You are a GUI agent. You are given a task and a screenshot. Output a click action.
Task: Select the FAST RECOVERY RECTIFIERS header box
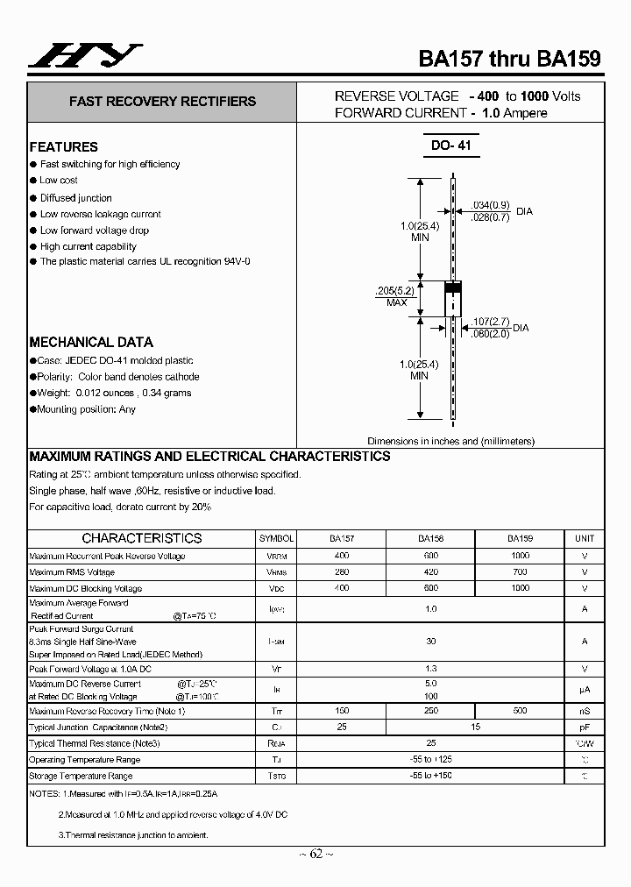[x=162, y=102]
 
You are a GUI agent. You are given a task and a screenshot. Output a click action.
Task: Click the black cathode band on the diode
[x=452, y=287]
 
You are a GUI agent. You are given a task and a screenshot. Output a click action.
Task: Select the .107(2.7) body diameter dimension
[x=490, y=322]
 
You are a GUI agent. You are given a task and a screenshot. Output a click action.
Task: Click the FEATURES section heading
[x=64, y=147]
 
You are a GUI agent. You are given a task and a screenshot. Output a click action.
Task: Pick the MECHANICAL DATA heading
[x=91, y=343]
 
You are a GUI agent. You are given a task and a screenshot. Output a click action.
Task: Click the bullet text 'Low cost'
[x=59, y=181]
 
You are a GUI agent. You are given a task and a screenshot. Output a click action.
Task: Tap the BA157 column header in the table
[x=342, y=539]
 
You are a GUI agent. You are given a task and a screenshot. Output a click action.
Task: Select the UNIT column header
[x=584, y=539]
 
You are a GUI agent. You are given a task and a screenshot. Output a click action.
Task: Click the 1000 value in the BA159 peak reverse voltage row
[x=520, y=557]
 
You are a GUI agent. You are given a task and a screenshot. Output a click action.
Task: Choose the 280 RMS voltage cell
[x=342, y=572]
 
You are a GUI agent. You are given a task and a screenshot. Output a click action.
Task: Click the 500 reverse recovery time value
[x=520, y=711]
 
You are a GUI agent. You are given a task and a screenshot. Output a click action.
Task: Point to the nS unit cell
[x=584, y=711]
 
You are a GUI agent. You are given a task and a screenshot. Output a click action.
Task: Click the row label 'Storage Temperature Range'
[x=81, y=777]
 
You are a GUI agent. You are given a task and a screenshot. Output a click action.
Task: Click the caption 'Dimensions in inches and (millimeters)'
[x=450, y=442]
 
